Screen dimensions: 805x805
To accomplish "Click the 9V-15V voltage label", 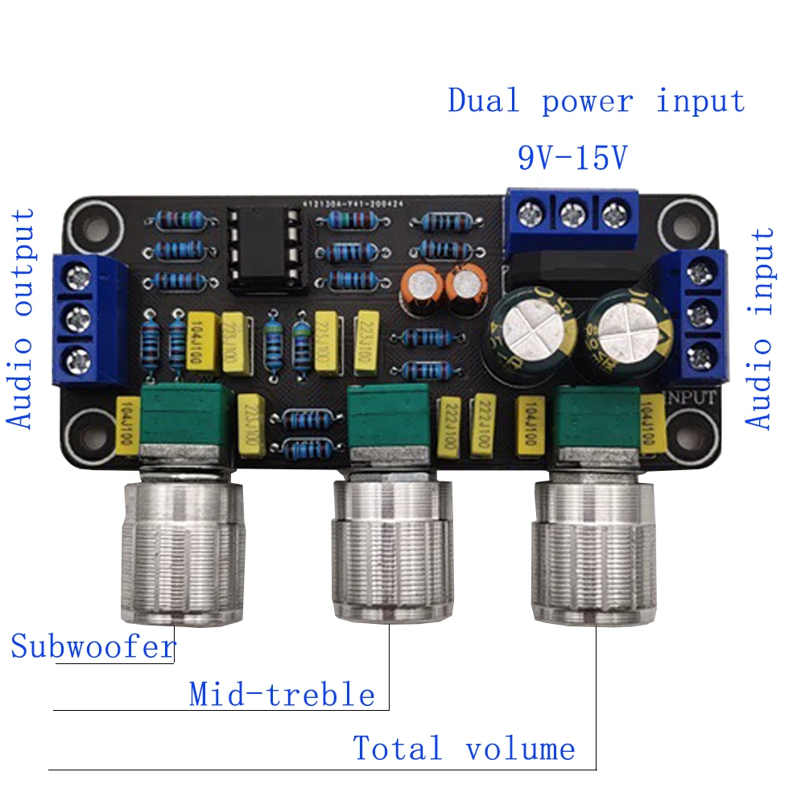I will click(x=572, y=157).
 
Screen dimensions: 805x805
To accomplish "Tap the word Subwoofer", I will click(x=93, y=646).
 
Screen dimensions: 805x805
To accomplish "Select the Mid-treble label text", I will click(x=282, y=694).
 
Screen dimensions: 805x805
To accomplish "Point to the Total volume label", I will click(x=464, y=749).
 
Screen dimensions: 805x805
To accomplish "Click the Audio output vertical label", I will click(x=22, y=318).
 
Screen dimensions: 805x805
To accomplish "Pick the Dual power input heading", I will click(x=597, y=102).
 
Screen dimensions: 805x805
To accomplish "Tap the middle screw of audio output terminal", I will click(x=79, y=316).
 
